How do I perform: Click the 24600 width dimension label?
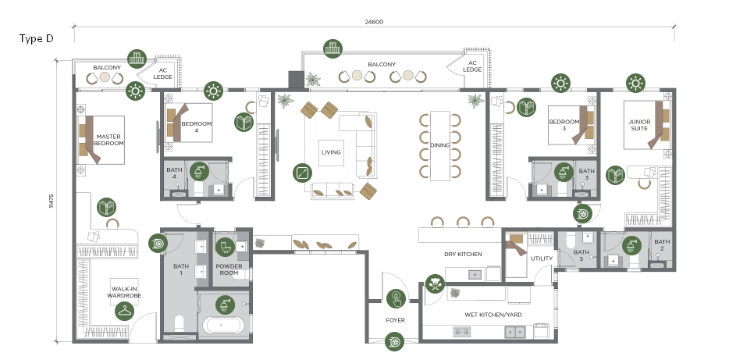[x=374, y=22]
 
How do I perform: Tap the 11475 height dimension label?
[x=52, y=201]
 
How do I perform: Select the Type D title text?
[x=36, y=38]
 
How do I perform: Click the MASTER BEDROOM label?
[x=108, y=140]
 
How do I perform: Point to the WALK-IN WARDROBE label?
[x=124, y=292]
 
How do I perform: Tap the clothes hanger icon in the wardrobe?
[x=124, y=311]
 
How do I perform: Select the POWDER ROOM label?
[x=229, y=269]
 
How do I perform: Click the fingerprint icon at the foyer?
[x=396, y=298]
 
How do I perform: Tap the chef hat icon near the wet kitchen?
[x=435, y=283]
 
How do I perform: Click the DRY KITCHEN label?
[x=463, y=255]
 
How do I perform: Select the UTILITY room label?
[x=542, y=258]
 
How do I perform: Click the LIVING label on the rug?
[x=331, y=152]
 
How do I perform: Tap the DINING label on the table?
[x=439, y=145]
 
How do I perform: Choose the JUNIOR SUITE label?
[x=639, y=125]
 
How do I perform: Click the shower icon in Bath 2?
[x=631, y=245]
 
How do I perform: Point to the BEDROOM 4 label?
[x=196, y=127]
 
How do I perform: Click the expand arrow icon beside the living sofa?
[x=302, y=173]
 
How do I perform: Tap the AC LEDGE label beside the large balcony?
[x=472, y=66]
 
